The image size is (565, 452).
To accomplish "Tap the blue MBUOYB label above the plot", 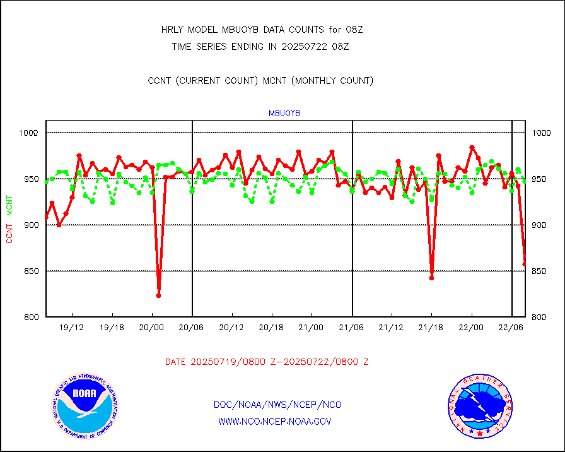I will (x=284, y=113).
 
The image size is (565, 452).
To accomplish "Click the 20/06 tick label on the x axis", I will (x=192, y=328).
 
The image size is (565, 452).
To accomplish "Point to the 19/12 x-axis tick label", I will (x=72, y=328).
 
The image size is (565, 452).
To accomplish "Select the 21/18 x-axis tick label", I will (x=431, y=328).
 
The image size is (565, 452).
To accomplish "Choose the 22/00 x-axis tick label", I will (x=471, y=328).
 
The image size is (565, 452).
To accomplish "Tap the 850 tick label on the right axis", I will (x=542, y=271).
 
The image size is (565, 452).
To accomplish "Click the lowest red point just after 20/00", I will (x=158, y=295).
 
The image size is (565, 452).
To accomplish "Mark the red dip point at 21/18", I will (x=431, y=278).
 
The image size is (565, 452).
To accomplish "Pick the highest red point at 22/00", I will (x=472, y=148).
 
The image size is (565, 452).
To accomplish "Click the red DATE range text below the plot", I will (x=267, y=362).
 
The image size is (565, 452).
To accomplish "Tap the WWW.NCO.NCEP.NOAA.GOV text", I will (x=274, y=421).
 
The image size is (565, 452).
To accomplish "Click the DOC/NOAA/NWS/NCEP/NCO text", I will (x=277, y=405).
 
